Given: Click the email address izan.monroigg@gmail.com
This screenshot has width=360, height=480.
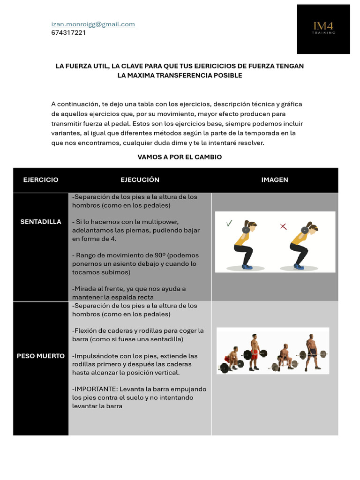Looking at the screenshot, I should [93, 24].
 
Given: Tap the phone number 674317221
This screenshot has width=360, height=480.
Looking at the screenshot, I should [68, 33].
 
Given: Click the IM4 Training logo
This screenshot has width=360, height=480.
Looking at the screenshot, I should [323, 29].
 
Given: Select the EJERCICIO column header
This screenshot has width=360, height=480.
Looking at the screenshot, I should [41, 180].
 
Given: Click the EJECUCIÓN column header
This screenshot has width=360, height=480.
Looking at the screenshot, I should [140, 180].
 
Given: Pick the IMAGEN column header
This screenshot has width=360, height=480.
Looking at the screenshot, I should [275, 180].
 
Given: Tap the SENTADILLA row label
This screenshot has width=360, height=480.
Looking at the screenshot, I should [41, 222].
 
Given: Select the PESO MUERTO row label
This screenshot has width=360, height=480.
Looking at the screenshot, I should [41, 356].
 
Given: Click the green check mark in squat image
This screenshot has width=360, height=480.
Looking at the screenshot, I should [229, 224].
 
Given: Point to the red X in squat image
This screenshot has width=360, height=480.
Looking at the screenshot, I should [283, 226].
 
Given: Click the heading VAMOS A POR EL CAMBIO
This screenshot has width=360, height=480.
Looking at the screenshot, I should [180, 157].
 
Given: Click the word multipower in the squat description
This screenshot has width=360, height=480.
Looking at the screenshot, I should [162, 222].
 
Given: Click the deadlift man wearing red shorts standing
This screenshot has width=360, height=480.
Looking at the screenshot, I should [255, 352].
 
